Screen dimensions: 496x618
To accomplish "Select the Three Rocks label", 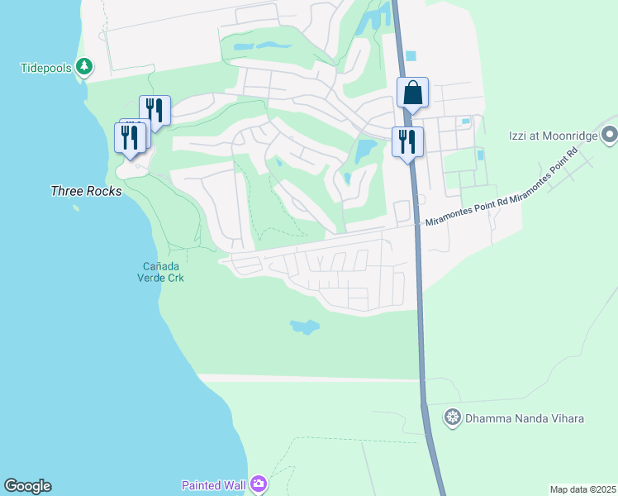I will click(86, 191).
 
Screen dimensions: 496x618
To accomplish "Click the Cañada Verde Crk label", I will click(163, 272).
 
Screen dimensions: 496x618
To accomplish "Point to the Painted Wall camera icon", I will click(259, 484).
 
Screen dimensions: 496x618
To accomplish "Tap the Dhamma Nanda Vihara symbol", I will click(452, 418).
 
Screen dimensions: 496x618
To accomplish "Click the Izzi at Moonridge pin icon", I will click(610, 133).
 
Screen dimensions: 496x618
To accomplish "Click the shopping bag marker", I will click(412, 93).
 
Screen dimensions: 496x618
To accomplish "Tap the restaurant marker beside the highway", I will click(406, 141).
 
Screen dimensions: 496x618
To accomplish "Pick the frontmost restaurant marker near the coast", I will click(130, 137).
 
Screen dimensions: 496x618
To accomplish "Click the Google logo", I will click(27, 486).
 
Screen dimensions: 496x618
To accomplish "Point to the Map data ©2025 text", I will click(582, 489).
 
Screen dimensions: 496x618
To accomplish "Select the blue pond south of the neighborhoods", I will click(305, 327).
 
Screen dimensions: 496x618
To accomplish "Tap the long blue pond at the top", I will click(266, 46).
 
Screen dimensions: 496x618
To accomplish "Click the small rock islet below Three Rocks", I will click(77, 207).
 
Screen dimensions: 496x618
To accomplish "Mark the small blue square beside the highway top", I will click(411, 56).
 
